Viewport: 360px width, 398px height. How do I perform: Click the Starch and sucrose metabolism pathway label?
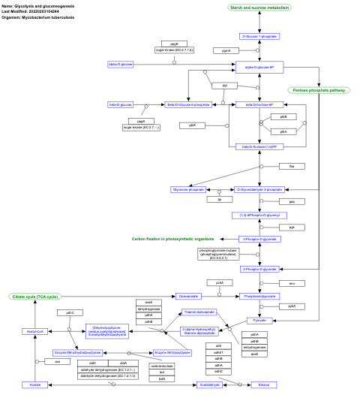coord(259,8)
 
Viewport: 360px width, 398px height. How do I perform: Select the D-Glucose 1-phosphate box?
coord(259,36)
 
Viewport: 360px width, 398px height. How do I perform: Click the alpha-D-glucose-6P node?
coord(259,68)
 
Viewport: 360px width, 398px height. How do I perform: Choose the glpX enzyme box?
coord(193,125)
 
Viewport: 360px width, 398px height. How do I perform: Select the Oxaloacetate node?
coord(189,296)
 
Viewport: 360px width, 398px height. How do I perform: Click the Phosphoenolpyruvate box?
coord(259,296)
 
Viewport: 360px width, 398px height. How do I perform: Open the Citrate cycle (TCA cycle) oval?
coord(34,297)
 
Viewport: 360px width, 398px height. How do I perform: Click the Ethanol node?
coord(264,384)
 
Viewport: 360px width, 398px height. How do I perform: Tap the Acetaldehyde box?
coord(209,384)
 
